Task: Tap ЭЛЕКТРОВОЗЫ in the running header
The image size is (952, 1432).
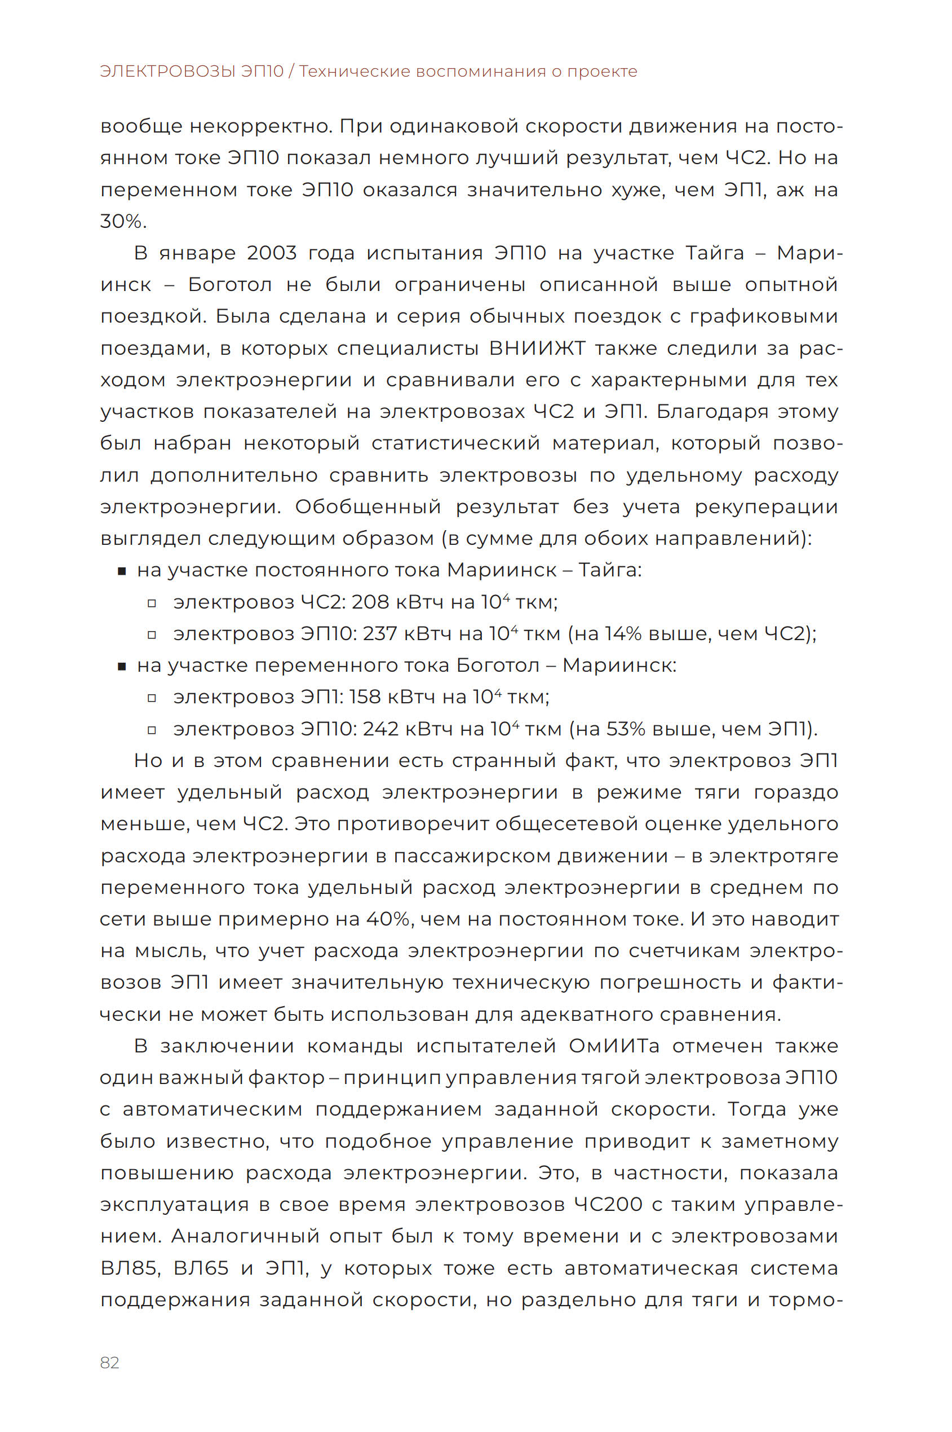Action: pos(168,72)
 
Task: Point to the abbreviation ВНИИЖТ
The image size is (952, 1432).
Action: pos(537,348)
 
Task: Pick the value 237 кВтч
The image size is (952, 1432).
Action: pos(380,634)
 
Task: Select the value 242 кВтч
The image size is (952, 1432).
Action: pos(381,729)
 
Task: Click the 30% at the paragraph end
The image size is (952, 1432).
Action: pos(123,221)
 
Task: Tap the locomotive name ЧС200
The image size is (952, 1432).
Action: pos(608,1205)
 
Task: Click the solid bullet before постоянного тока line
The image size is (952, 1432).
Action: pos(122,571)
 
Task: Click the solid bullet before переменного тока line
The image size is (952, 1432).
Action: pos(122,667)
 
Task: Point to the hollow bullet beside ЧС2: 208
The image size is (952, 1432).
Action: pos(152,603)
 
